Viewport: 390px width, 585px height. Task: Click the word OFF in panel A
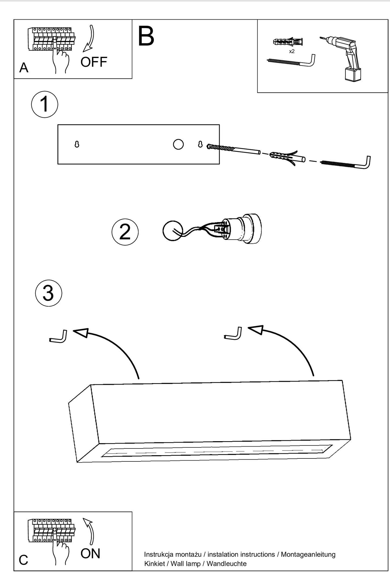pos(94,62)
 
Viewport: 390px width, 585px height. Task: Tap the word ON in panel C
pos(90,553)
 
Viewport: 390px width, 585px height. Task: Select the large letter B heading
pos(146,36)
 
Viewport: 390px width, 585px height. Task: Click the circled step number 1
pos(45,104)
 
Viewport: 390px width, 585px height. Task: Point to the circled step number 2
pos(125,232)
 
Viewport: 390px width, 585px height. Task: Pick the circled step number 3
pos(49,293)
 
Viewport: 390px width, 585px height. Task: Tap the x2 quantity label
pos(291,51)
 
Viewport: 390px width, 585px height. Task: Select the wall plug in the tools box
pos(288,42)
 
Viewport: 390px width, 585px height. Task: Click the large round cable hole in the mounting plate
pos(178,144)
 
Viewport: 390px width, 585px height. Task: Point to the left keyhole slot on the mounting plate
pos(77,145)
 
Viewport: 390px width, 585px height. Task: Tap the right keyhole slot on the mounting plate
pos(200,144)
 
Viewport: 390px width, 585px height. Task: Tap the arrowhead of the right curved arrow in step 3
pos(256,330)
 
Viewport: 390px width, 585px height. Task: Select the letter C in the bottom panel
pos(23,560)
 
